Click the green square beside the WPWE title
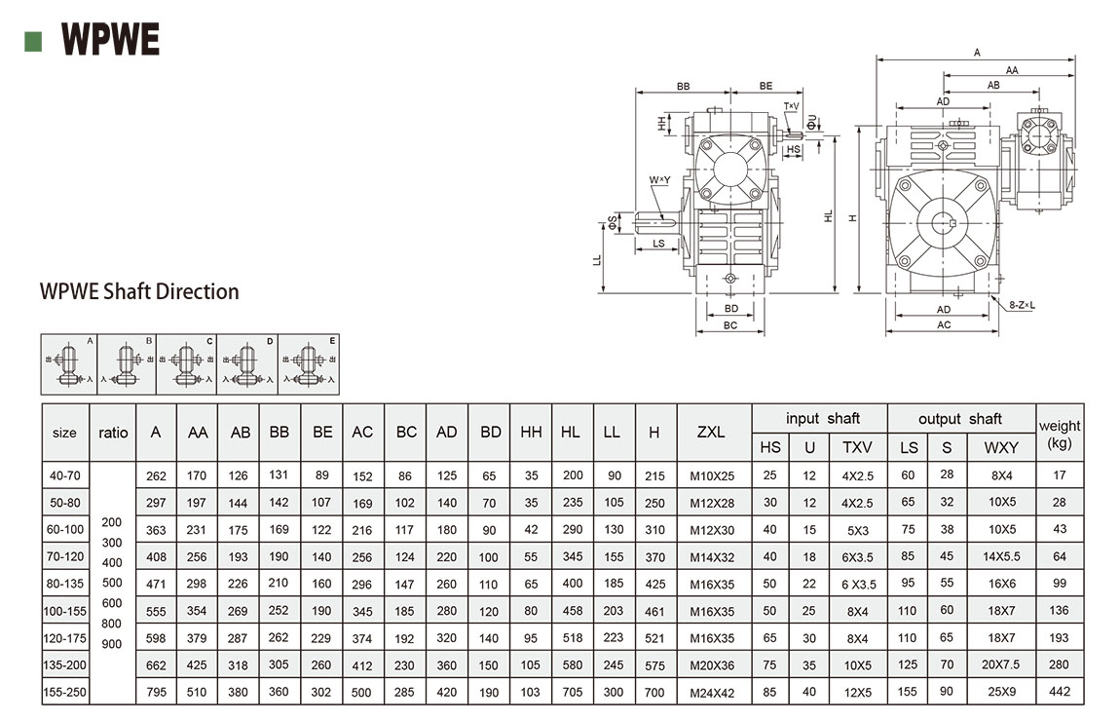33,40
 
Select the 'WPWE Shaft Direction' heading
139,291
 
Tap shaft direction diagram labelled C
188,364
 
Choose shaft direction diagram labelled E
310,364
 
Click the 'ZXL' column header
711,432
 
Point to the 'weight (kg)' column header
1060,433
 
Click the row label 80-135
64,584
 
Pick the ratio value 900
113,643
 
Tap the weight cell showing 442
1060,692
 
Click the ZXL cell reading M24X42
712,692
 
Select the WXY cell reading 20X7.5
1001,664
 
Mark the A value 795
156,693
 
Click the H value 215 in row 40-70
654,476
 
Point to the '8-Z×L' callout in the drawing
1022,305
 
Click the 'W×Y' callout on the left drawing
659,180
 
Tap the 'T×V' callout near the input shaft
791,105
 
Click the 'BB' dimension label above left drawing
683,87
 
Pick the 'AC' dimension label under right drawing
944,324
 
